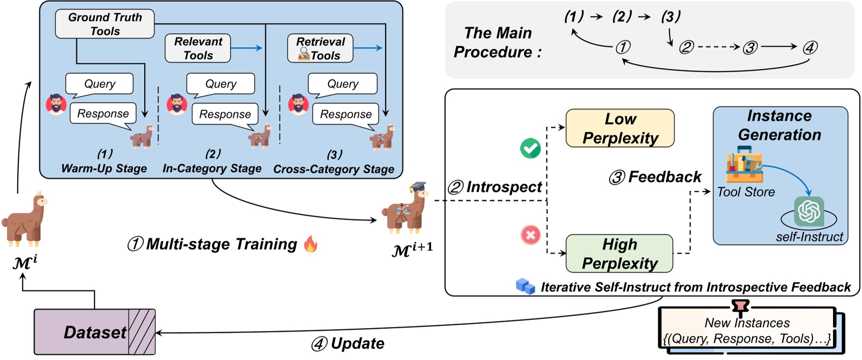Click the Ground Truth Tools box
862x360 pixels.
pyautogui.click(x=105, y=24)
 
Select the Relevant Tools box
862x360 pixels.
pyautogui.click(x=198, y=48)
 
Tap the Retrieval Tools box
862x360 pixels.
pyautogui.click(x=320, y=48)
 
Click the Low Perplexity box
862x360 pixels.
pyautogui.click(x=620, y=128)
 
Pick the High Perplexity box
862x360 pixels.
pyautogui.click(x=619, y=254)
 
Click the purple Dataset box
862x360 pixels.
pyautogui.click(x=94, y=332)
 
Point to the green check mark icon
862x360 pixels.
pyautogui.click(x=530, y=148)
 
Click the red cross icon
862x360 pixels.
pyautogui.click(x=530, y=235)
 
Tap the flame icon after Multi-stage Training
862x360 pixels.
pyautogui.click(x=310, y=244)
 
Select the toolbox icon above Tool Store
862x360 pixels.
pyautogui.click(x=744, y=165)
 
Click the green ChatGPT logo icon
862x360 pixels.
pyautogui.click(x=809, y=211)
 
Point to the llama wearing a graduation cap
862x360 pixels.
pyautogui.click(x=405, y=209)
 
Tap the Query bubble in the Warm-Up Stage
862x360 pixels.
pyautogui.click(x=100, y=84)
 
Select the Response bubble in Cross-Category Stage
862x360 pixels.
pyautogui.click(x=346, y=115)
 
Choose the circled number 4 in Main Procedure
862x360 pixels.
pyautogui.click(x=810, y=48)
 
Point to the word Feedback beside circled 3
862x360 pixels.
pyautogui.click(x=665, y=177)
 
